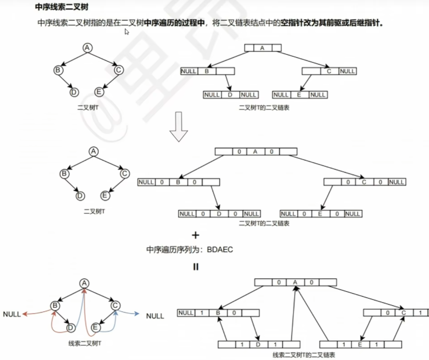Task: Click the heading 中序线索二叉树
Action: [62, 7]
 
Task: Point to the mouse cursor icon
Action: [127, 32]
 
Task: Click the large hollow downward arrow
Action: [178, 127]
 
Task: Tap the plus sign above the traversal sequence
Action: [196, 235]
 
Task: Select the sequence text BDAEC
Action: [220, 250]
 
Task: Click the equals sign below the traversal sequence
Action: [196, 267]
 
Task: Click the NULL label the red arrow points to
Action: [12, 314]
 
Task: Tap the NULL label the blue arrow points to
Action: [155, 316]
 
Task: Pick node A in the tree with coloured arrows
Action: [84, 283]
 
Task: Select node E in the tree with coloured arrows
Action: [95, 327]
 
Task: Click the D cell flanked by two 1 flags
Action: [258, 344]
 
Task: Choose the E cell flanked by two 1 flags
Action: [360, 344]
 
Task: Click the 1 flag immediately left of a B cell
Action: [202, 313]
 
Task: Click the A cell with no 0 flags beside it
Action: [262, 48]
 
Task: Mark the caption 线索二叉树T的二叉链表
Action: [303, 355]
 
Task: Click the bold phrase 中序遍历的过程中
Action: [175, 23]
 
